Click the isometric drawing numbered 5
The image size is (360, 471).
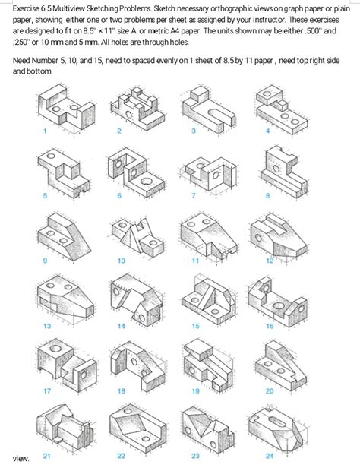pyautogui.click(x=61, y=170)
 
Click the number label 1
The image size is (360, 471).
pyautogui.click(x=45, y=131)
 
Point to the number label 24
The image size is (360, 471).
pyautogui.click(x=268, y=456)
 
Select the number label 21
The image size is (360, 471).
pyautogui.click(x=46, y=456)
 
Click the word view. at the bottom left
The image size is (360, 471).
pyautogui.click(x=21, y=459)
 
